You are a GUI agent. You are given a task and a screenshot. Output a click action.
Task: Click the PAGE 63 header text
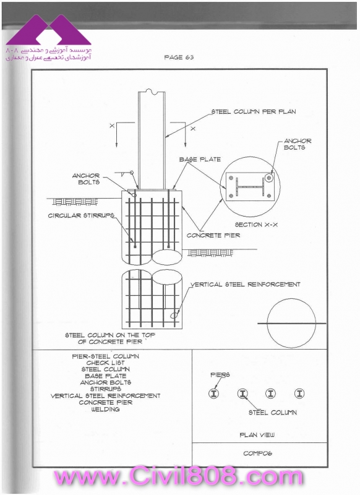pos(179,57)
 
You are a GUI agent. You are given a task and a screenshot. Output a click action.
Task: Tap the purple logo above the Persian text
pos(48,30)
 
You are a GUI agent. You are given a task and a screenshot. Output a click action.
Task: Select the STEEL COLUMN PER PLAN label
pos(254,111)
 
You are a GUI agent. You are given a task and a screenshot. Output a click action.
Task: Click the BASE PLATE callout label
pos(200,160)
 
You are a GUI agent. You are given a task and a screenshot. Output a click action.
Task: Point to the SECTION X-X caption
pos(256,225)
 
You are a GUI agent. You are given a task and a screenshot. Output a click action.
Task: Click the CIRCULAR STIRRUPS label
pos(81,215)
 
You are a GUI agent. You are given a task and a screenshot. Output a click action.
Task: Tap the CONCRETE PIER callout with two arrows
pos(213,235)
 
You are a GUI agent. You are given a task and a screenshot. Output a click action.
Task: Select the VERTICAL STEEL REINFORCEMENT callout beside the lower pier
pos(246,285)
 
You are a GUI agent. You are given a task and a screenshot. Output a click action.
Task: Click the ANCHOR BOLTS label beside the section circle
pos(297,144)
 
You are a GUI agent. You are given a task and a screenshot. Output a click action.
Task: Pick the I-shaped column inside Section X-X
pos(249,187)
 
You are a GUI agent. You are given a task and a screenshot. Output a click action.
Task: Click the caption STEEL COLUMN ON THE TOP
pos(110,335)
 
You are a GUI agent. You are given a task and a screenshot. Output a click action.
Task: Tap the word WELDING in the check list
pos(105,410)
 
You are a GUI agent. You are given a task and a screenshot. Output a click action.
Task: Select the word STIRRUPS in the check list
pos(105,389)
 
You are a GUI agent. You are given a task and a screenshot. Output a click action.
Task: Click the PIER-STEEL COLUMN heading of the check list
pos(105,356)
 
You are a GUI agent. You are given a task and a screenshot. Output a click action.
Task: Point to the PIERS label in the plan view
pos(220,375)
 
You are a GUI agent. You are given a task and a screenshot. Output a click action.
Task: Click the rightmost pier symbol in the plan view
pos(299,394)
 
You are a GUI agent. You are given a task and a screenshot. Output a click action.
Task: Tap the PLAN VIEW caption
pos(257,435)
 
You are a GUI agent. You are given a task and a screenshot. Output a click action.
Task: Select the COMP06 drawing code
pos(257,454)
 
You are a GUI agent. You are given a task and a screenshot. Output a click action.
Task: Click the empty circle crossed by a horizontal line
pos(267,323)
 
